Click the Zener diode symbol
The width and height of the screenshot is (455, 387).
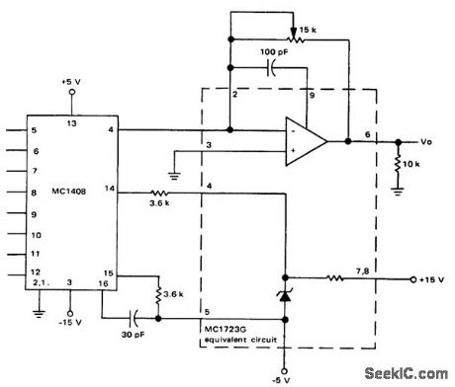[x=286, y=294]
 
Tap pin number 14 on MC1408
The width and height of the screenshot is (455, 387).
[x=107, y=187]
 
